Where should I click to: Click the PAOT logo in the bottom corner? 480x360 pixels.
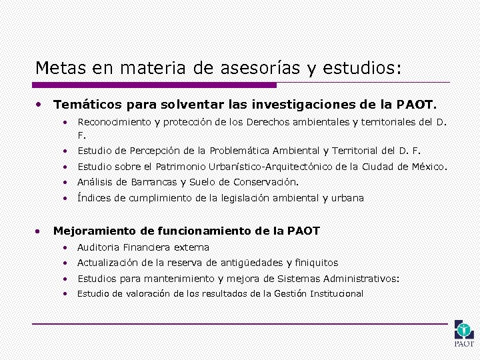point(464,333)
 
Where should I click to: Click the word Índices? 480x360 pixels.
point(93,198)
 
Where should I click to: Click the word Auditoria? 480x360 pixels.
point(99,247)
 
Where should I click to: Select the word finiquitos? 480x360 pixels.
point(317,263)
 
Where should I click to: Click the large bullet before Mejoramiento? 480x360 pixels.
point(39,231)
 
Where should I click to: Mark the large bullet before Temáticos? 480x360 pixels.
point(39,105)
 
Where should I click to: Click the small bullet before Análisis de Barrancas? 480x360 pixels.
point(66,182)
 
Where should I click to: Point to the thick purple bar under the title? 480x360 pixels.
point(154,85)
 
